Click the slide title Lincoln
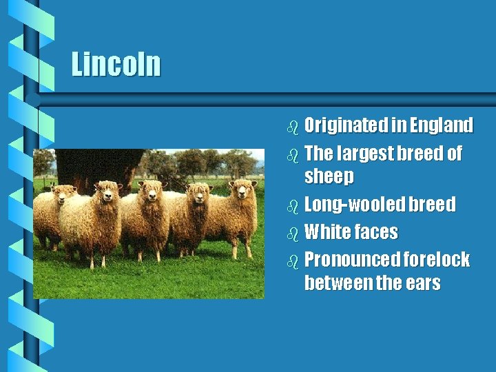click(116, 65)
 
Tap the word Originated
click(346, 125)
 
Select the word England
click(442, 125)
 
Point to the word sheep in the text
click(329, 177)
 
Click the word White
click(327, 232)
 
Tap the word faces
click(376, 232)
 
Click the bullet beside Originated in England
click(293, 127)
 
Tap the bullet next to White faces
click(293, 233)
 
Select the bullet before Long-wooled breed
click(293, 205)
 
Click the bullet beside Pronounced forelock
click(293, 260)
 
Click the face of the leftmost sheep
click(65, 194)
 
